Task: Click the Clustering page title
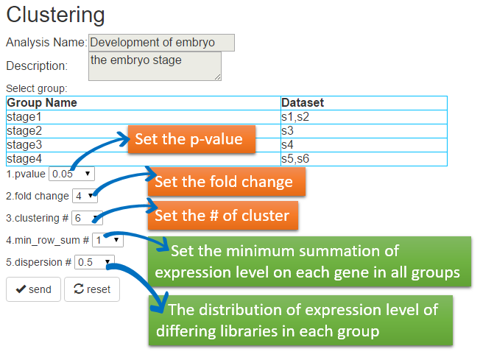click(55, 15)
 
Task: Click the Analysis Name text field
click(162, 43)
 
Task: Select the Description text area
click(155, 66)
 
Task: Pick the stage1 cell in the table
click(144, 117)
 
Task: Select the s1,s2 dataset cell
click(364, 117)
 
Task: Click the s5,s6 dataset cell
click(364, 159)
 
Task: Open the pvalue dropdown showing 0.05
click(71, 174)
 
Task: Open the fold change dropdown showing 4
click(85, 196)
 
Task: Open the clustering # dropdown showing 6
click(87, 218)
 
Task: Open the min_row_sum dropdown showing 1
click(107, 240)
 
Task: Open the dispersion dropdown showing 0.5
click(94, 262)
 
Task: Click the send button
click(33, 289)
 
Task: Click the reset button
click(92, 289)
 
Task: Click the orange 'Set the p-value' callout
click(191, 139)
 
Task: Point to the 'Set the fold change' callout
click(227, 182)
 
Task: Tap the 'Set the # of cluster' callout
click(223, 216)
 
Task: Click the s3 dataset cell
click(364, 131)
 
